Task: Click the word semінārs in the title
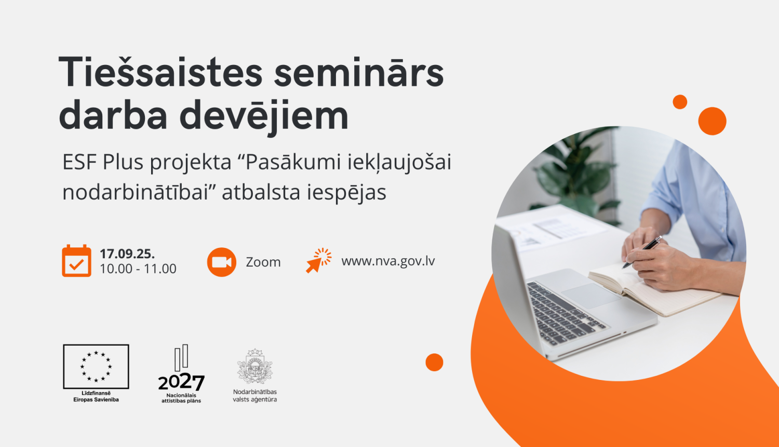(x=358, y=72)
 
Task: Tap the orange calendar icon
(x=76, y=261)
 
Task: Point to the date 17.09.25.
(x=127, y=254)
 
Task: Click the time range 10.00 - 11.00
(x=138, y=269)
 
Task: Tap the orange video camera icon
(x=222, y=262)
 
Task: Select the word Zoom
(x=263, y=262)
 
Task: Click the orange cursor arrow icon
(x=318, y=260)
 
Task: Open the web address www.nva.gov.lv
(x=388, y=261)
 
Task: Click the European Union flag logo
(x=96, y=366)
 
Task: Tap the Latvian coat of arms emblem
(x=254, y=366)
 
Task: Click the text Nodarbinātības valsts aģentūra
(x=254, y=396)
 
